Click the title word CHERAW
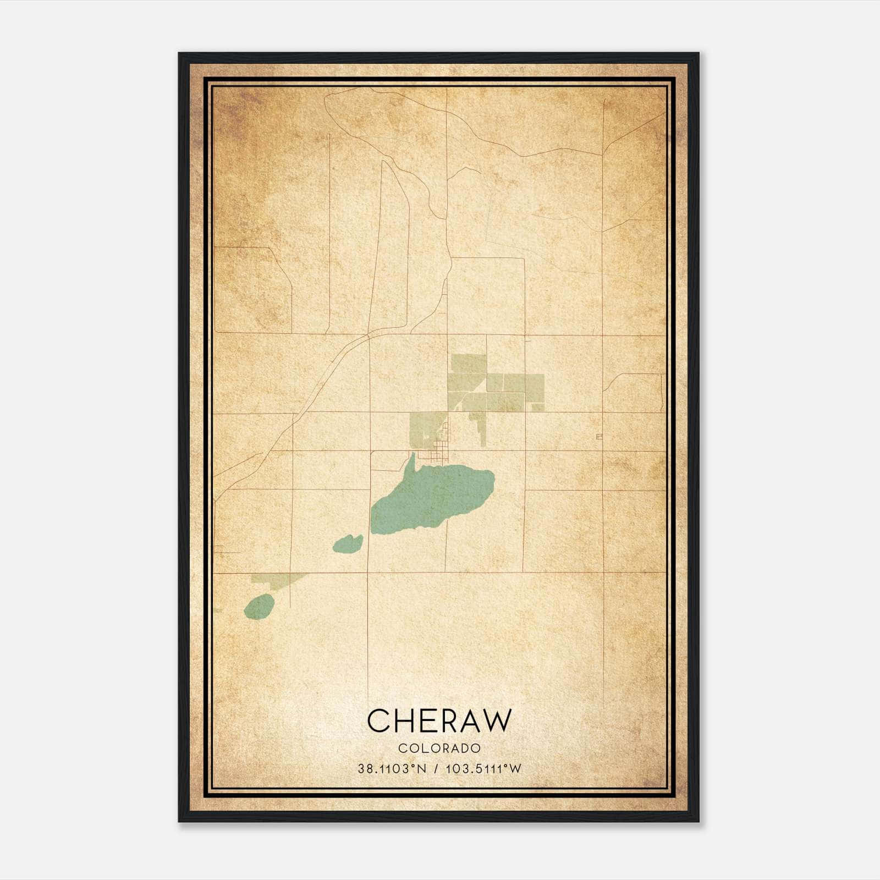[x=439, y=721]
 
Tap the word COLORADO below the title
[x=439, y=748]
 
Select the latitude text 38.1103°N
[x=392, y=769]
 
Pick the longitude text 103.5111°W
[x=483, y=769]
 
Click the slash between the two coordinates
[x=436, y=769]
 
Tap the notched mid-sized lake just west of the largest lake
[x=346, y=544]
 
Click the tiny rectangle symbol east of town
[x=599, y=437]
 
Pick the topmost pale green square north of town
[x=468, y=364]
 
